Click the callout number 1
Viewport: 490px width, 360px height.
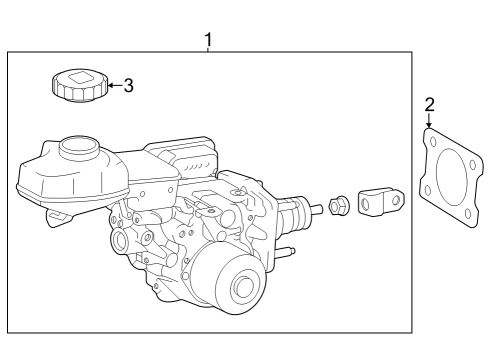[208, 39]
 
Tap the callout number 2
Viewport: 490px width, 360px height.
[429, 103]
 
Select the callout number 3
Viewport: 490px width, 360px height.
[128, 85]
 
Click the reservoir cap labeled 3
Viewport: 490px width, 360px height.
[77, 84]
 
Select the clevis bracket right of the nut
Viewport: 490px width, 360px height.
[379, 200]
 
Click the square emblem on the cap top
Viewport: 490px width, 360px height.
[78, 77]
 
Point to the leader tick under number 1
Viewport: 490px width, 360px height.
[208, 50]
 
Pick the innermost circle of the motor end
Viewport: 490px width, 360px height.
[244, 289]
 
